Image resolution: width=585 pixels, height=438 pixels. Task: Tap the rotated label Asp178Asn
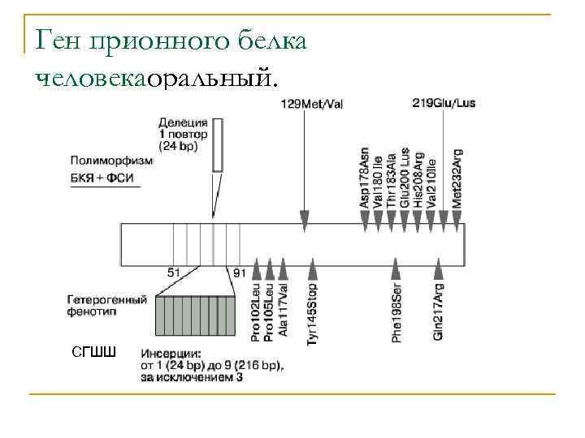[x=364, y=178]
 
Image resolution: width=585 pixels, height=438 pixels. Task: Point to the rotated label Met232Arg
[x=457, y=178]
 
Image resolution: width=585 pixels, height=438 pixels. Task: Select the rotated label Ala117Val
[x=283, y=309]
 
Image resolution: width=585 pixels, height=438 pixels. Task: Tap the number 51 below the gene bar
[x=174, y=273]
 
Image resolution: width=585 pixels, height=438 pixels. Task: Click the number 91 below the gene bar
[x=239, y=273]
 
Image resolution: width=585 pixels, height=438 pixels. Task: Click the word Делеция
[x=183, y=122]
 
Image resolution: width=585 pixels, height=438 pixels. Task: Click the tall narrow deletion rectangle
[x=217, y=145]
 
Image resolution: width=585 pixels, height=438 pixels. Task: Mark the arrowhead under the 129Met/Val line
[x=305, y=217]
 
